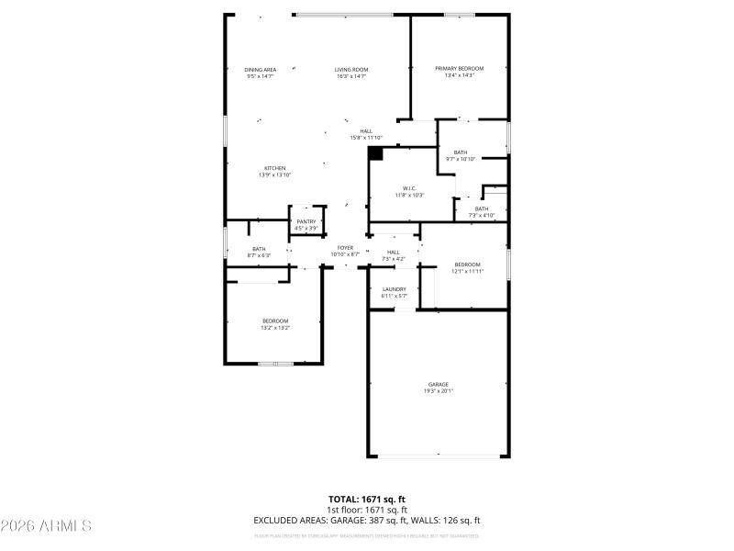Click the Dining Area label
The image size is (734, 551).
tap(261, 70)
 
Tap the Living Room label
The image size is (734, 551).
tap(351, 70)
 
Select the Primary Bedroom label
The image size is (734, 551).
tap(459, 69)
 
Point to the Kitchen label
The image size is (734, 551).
tap(275, 168)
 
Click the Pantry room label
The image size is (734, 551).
tap(306, 221)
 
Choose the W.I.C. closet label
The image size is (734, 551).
tap(410, 188)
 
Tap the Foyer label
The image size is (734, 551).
tap(345, 247)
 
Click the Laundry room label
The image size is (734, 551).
tap(394, 289)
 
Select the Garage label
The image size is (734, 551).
tap(438, 384)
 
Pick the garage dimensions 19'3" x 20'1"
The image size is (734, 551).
tap(438, 390)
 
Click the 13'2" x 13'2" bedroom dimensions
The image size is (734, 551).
tap(275, 327)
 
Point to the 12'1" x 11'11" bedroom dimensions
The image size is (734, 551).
tap(467, 271)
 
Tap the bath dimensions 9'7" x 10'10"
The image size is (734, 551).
tap(460, 159)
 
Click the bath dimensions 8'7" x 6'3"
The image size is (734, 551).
tap(259, 255)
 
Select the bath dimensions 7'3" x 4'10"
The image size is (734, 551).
tap(482, 215)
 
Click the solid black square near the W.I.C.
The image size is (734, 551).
tap(375, 154)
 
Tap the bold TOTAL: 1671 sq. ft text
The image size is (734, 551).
tap(367, 499)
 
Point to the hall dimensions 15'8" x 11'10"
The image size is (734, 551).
tap(366, 138)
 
